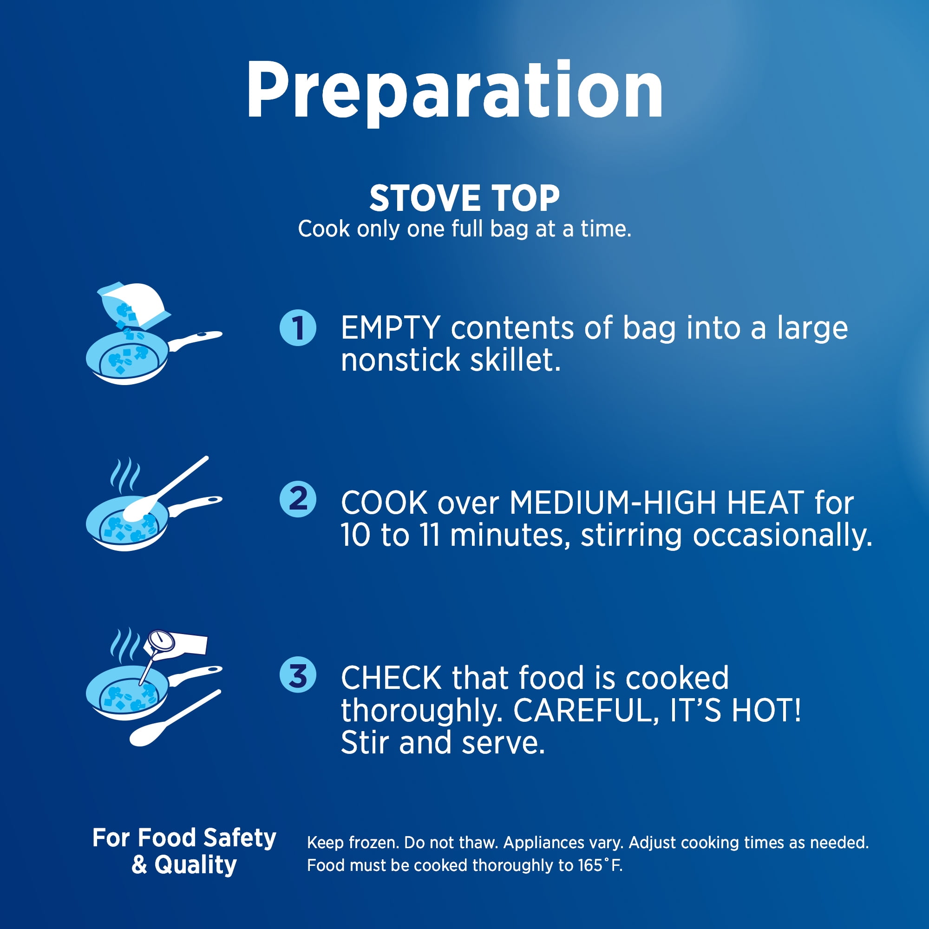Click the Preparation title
(455, 92)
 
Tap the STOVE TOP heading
(464, 198)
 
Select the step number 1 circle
(298, 327)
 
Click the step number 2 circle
(298, 499)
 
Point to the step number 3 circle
(298, 675)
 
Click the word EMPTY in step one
(391, 328)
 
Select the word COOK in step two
(384, 503)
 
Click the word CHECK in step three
(392, 678)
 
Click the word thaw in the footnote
(478, 843)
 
